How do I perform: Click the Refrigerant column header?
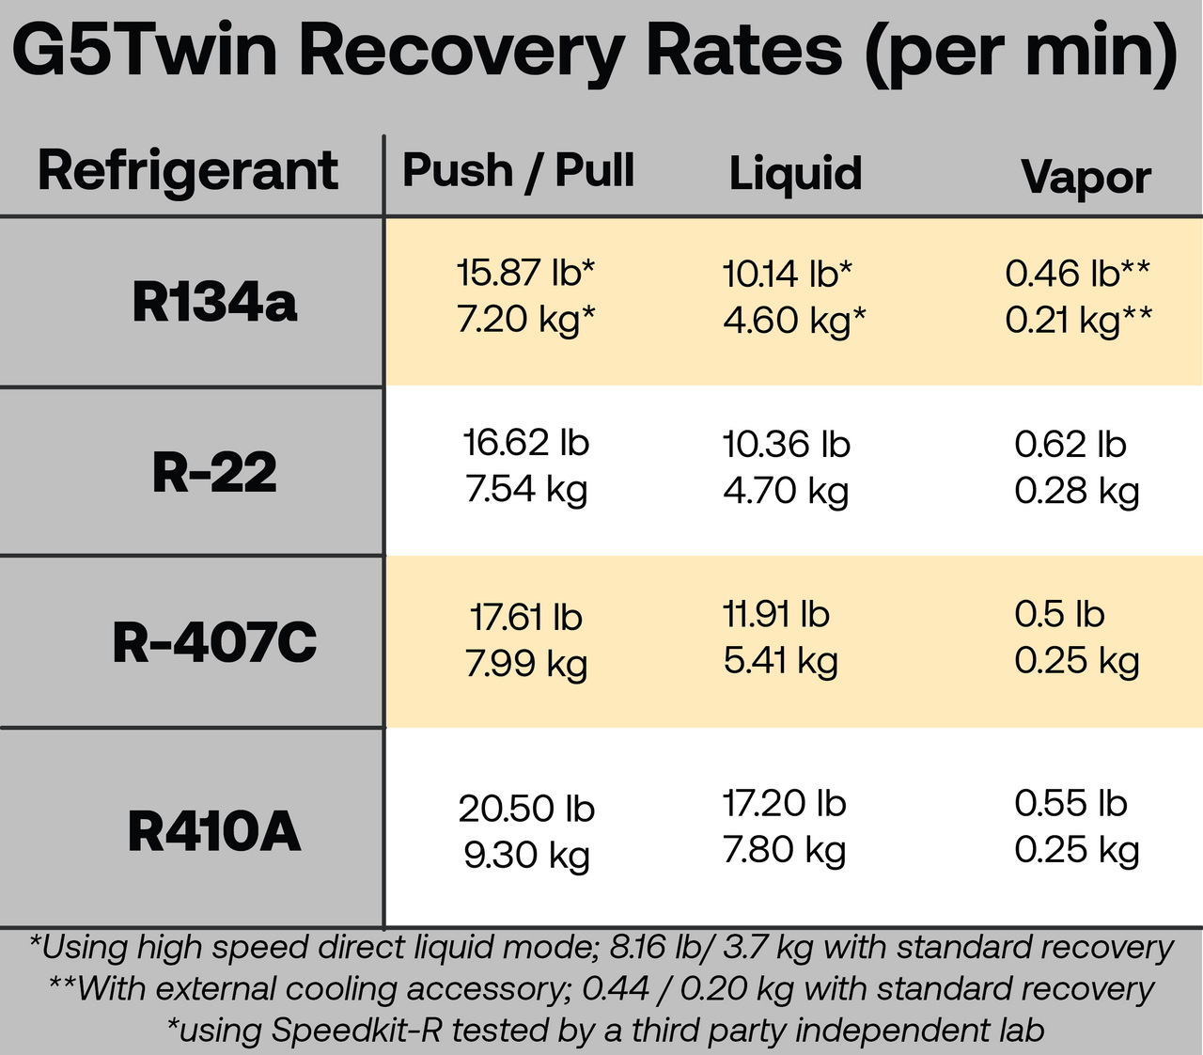187,171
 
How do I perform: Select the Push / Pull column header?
518,171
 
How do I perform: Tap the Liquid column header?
795,174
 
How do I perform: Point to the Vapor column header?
1086,177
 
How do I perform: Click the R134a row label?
214,302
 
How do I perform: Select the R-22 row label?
214,472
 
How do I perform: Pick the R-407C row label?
214,642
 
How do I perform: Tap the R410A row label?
214,831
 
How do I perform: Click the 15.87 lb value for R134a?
525,273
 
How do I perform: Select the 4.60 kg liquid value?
794,320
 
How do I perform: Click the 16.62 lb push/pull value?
525,442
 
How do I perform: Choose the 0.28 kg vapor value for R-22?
1076,490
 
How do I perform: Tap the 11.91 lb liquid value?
776,614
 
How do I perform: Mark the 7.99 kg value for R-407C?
525,663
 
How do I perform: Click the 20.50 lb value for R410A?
526,809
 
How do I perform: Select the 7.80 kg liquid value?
784,850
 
